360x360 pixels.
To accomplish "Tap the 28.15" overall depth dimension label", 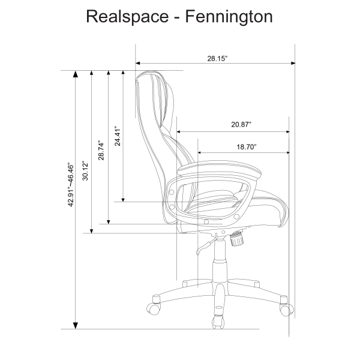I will (218, 58).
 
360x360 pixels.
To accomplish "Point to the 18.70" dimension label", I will (246, 146).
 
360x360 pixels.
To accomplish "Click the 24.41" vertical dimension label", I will (118, 136).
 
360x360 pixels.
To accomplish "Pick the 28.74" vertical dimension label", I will (101, 150).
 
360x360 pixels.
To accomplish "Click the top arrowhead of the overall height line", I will (75, 74).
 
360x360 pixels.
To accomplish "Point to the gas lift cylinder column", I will (217, 258).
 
